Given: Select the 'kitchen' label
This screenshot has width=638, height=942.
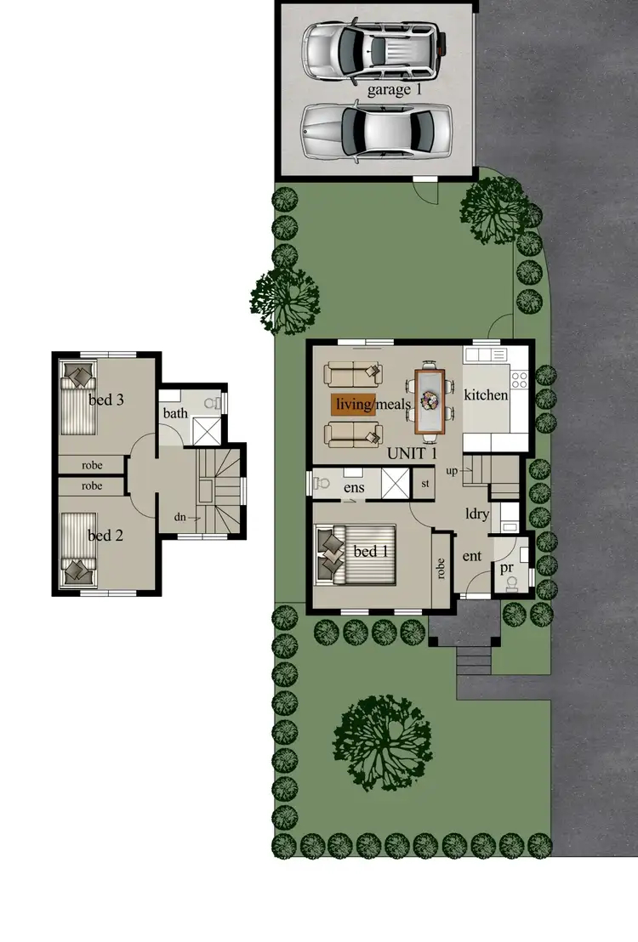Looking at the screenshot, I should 486,395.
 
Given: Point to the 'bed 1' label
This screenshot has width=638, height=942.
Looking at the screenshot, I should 370,552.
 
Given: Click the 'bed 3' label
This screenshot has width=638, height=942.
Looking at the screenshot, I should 106,400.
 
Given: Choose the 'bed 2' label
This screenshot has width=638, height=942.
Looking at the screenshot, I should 106,536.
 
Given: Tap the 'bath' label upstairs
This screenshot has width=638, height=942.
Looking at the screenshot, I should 175,414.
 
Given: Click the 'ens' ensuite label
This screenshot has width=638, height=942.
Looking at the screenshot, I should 354,489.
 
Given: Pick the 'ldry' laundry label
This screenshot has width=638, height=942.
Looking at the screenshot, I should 476,514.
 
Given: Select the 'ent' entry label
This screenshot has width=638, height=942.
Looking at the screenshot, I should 472,556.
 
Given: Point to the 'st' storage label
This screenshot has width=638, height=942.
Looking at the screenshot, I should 426,485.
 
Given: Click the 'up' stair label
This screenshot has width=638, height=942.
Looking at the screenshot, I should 453,470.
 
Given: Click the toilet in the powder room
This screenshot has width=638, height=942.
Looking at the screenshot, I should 511,582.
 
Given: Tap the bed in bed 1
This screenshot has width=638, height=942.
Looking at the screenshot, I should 356,555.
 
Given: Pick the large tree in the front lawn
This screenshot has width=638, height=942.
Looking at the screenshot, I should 383,734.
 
